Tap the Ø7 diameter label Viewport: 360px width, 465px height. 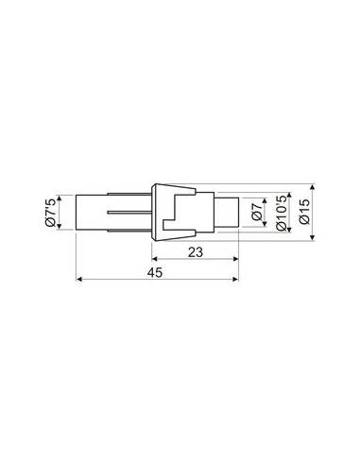click(x=256, y=213)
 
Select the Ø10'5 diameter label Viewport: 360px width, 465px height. click(x=282, y=213)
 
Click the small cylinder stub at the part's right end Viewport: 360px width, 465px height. click(x=227, y=213)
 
